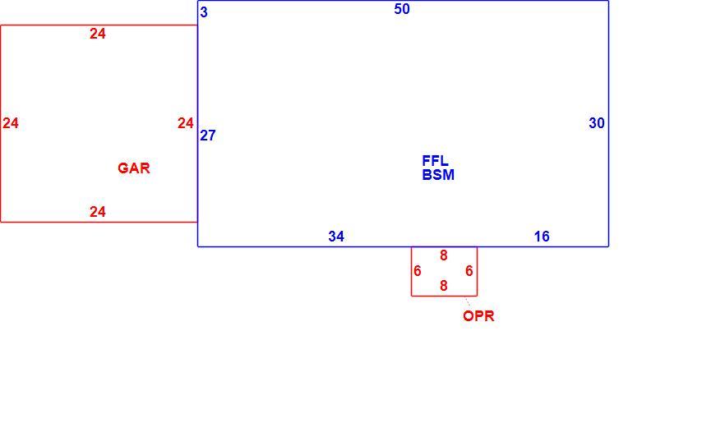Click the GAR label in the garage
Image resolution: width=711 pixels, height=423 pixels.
[134, 168]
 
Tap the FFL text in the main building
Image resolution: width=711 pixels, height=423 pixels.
[436, 161]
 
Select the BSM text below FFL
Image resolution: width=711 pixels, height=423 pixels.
[438, 175]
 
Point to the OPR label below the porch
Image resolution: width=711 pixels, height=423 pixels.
[478, 316]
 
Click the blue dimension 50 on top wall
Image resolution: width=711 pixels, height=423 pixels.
[402, 9]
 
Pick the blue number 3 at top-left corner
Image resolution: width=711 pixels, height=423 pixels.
[204, 12]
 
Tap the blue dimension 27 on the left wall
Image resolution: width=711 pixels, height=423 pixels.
[208, 136]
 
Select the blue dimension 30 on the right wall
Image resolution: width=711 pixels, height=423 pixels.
[597, 123]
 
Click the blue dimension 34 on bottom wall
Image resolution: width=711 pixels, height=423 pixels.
[336, 237]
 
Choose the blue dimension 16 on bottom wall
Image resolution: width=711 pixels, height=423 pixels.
[542, 237]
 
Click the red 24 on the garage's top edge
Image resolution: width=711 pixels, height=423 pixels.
[98, 34]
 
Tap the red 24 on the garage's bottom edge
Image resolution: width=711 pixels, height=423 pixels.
[98, 212]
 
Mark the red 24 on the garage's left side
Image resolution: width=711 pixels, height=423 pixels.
[11, 123]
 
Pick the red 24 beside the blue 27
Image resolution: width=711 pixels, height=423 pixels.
[186, 123]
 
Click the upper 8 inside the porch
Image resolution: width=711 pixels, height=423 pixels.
[444, 256]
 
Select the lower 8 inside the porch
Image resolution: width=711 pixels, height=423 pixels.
[444, 286]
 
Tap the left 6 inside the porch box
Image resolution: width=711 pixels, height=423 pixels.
[418, 271]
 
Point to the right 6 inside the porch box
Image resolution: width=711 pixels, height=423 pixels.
[469, 271]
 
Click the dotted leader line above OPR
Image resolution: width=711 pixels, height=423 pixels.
[468, 302]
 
